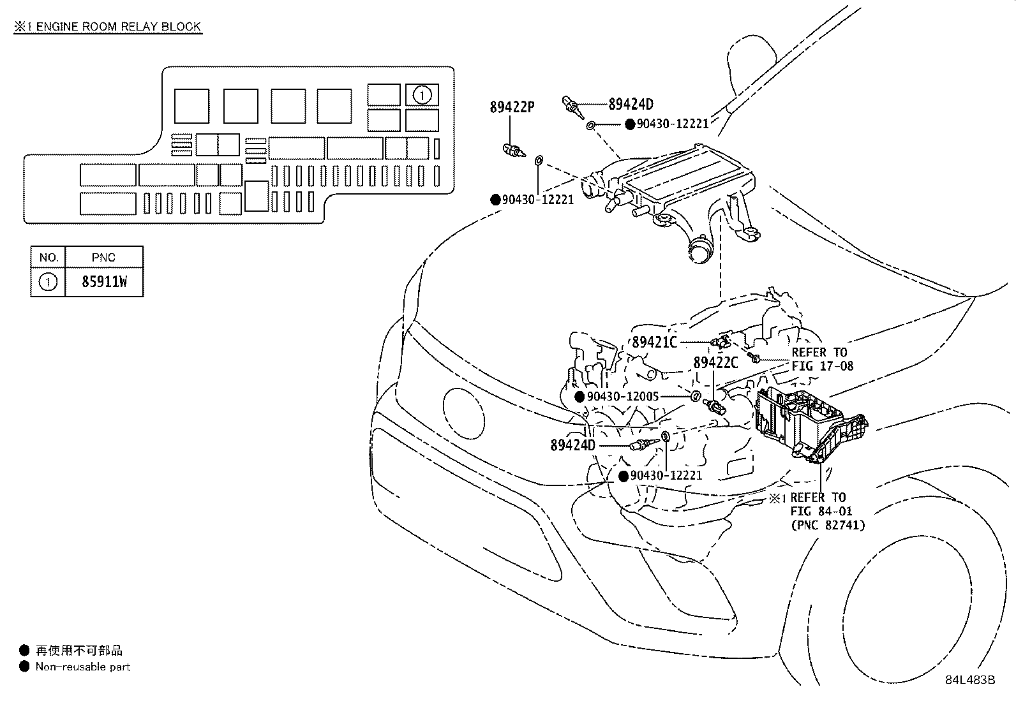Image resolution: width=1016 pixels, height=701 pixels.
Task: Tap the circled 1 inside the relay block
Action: click(422, 95)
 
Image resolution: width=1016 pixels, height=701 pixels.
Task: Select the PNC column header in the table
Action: click(103, 257)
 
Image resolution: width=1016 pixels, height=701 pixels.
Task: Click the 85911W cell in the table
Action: click(103, 282)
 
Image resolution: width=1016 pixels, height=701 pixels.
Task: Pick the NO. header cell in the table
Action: click(49, 257)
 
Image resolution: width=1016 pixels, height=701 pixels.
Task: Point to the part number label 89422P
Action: click(512, 107)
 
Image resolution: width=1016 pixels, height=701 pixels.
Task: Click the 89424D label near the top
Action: click(631, 104)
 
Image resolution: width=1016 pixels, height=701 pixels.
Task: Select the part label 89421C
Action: click(654, 343)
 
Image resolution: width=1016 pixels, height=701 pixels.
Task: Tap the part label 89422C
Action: click(715, 362)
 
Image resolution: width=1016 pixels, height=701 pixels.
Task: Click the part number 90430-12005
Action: click(622, 397)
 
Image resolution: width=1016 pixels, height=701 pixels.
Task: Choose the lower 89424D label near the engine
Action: click(572, 445)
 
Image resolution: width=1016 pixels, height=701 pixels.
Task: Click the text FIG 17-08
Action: click(822, 366)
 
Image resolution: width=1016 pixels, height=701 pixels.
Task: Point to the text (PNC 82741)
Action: click(828, 525)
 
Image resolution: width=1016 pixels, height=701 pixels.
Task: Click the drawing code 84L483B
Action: click(970, 679)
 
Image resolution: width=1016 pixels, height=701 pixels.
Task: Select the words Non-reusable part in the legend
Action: click(83, 667)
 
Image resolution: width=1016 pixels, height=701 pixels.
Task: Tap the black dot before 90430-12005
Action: click(579, 397)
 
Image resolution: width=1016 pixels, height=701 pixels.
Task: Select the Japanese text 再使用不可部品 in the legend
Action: click(78, 651)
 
